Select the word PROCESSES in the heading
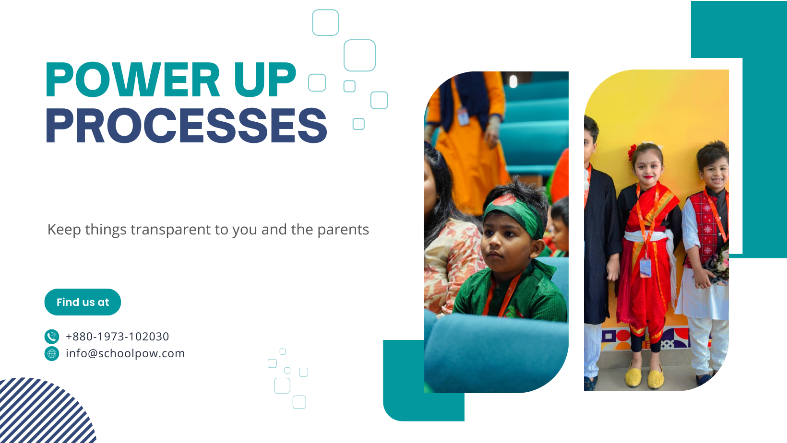pyautogui.click(x=187, y=125)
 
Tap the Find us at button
pyautogui.click(x=83, y=302)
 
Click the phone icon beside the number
pyautogui.click(x=52, y=336)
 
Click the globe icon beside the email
pyautogui.click(x=52, y=353)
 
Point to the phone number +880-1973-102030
pyautogui.click(x=118, y=336)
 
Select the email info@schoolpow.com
pyautogui.click(x=125, y=353)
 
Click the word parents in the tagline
pyautogui.click(x=343, y=230)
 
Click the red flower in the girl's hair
pyautogui.click(x=632, y=152)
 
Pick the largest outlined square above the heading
pyautogui.click(x=359, y=56)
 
